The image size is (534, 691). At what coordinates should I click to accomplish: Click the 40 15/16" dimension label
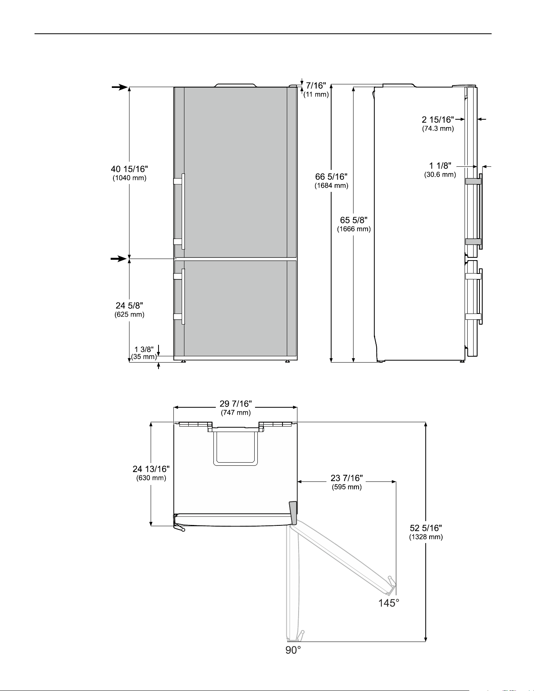[x=129, y=169]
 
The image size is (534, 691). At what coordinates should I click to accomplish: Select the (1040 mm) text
[x=129, y=178]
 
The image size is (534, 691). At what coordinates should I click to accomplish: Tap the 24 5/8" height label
[x=129, y=306]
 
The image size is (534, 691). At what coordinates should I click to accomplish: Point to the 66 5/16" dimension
[x=332, y=177]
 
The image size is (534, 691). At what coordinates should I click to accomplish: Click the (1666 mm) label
[x=354, y=229]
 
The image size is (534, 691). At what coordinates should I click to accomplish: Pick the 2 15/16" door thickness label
[x=438, y=120]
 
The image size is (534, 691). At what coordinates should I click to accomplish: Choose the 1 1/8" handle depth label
[x=440, y=166]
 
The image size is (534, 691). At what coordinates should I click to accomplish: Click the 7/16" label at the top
[x=316, y=86]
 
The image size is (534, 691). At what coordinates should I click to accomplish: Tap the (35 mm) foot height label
[x=144, y=357]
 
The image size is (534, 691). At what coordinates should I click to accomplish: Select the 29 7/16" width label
[x=235, y=404]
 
